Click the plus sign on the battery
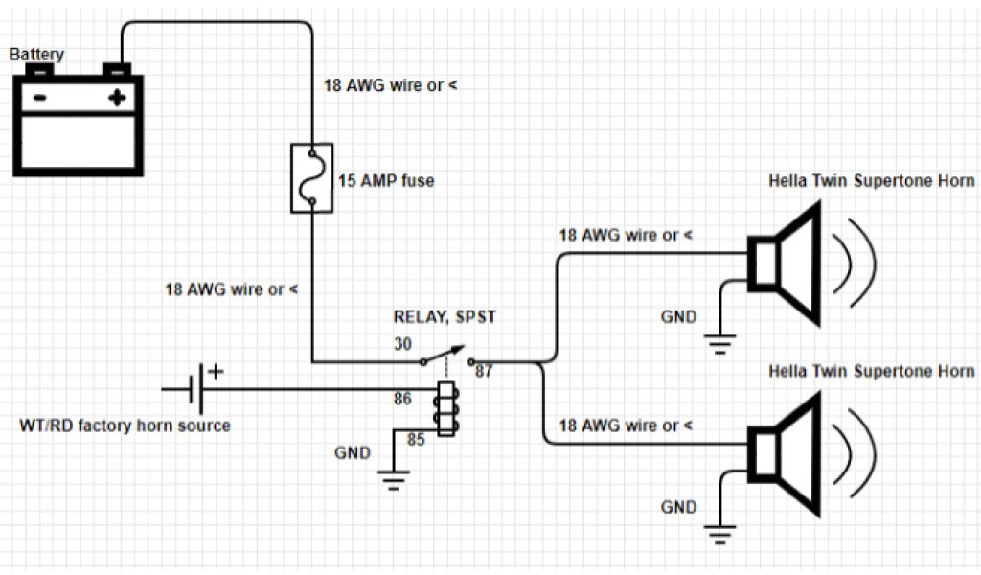tap(118, 98)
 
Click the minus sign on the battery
tap(39, 98)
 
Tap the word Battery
tap(36, 55)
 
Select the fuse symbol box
tap(310, 177)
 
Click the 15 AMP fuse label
tap(385, 180)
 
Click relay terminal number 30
tap(401, 343)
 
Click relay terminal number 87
tap(483, 371)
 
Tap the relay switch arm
tap(446, 354)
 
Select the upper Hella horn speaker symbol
tap(787, 263)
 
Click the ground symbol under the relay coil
tap(392, 479)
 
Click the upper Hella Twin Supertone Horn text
tap(872, 181)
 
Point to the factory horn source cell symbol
tap(199, 388)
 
